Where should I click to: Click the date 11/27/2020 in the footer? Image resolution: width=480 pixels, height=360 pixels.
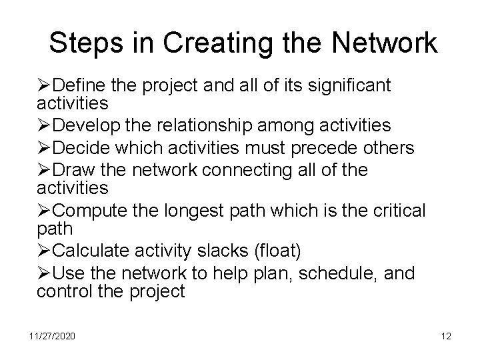[x=52, y=336]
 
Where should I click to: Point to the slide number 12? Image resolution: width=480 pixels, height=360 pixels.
[x=446, y=336]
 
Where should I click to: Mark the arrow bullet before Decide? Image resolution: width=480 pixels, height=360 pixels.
[x=45, y=148]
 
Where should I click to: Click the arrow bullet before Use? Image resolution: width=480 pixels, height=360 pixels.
[x=45, y=273]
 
